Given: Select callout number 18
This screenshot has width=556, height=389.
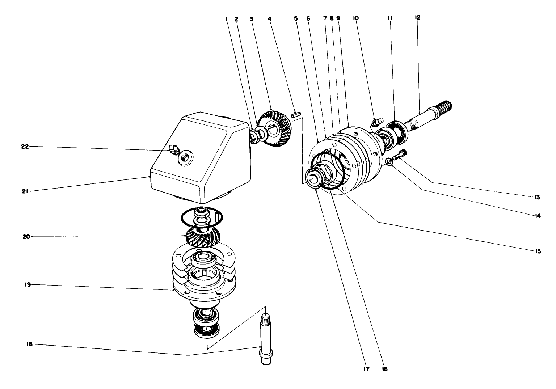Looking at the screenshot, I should (30, 344).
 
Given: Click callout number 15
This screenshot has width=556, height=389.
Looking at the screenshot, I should (538, 251).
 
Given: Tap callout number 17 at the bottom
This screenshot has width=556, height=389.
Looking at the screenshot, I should (366, 369).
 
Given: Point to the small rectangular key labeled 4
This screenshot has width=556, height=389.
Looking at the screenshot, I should (295, 115).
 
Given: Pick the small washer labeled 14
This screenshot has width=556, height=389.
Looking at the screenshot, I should (389, 162).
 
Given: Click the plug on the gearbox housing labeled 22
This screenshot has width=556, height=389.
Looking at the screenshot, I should (173, 148).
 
